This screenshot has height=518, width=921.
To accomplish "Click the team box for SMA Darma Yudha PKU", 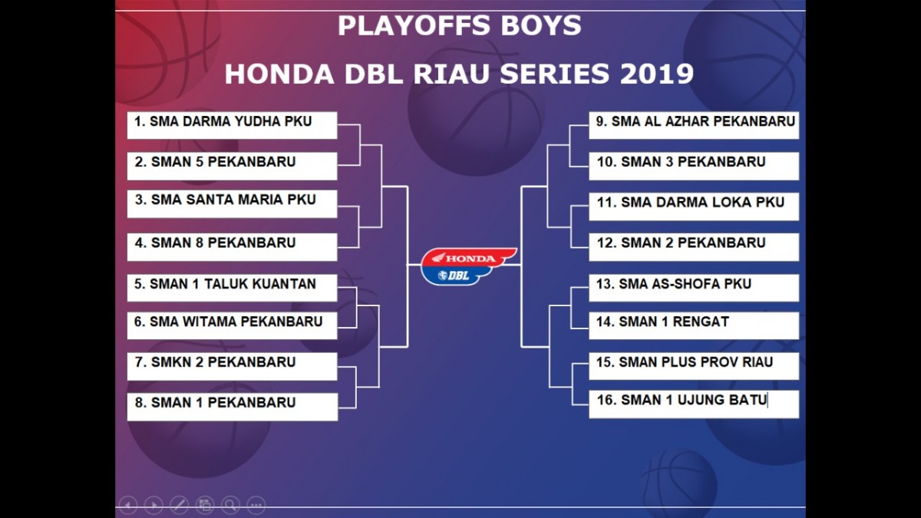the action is coord(233,125).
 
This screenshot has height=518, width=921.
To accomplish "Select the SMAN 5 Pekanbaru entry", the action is coord(233,166).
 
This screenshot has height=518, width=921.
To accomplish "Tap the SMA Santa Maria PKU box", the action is coord(233,204).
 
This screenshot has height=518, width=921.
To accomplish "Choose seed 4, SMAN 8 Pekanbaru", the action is coord(233,247).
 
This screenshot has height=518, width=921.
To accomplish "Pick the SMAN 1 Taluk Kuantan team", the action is coord(233,288).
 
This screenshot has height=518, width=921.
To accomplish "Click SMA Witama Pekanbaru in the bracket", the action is coord(233,325).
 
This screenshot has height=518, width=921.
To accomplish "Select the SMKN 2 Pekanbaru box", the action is coord(233,366).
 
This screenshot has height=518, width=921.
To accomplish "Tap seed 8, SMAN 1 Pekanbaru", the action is coord(233,407).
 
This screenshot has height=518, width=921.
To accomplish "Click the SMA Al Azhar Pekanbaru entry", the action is coord(694,125).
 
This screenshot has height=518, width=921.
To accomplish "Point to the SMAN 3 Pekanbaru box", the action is coord(694,166).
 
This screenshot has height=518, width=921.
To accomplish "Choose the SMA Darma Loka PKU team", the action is coord(694,206).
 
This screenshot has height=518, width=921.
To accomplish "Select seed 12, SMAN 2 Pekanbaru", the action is coord(694,247).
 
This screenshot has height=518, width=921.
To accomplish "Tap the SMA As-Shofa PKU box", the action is coord(694,288).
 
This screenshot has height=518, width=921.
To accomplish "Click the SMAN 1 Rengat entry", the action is coord(694,325).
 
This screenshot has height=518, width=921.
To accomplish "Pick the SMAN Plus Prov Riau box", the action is coord(694,366).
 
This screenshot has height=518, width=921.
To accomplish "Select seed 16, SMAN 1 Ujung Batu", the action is coord(694,404).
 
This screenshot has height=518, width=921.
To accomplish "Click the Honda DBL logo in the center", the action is coord(469,266).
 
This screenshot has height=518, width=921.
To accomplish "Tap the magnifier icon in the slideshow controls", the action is coord(230,505).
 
